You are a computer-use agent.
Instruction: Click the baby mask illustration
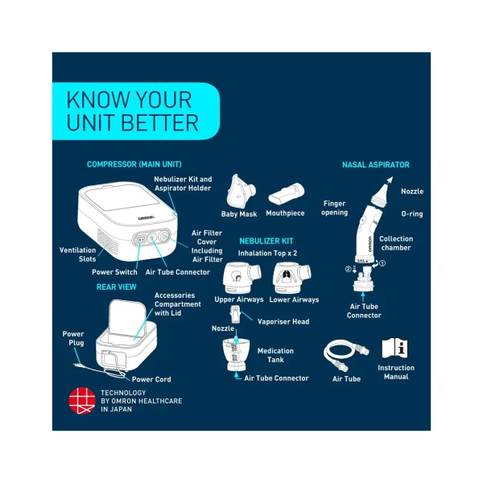241,192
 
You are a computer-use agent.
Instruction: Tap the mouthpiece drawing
286,194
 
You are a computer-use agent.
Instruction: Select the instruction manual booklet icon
394,349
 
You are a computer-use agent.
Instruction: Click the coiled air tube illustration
345,355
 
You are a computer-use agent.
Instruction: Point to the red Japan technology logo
82,400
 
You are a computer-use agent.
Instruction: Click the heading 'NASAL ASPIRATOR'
376,165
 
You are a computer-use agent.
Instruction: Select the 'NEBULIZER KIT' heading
266,241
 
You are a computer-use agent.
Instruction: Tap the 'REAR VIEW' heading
117,287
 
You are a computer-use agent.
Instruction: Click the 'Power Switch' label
114,272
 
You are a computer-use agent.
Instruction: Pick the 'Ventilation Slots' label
78,254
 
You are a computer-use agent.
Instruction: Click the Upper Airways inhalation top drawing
242,278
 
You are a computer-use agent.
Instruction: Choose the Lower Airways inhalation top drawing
291,278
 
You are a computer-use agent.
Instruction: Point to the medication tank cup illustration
236,354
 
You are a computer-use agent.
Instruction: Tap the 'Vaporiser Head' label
283,321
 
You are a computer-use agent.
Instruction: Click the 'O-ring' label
412,214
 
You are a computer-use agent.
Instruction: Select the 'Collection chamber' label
396,243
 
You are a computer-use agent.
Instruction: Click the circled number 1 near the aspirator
382,263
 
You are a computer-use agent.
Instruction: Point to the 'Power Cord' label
151,379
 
